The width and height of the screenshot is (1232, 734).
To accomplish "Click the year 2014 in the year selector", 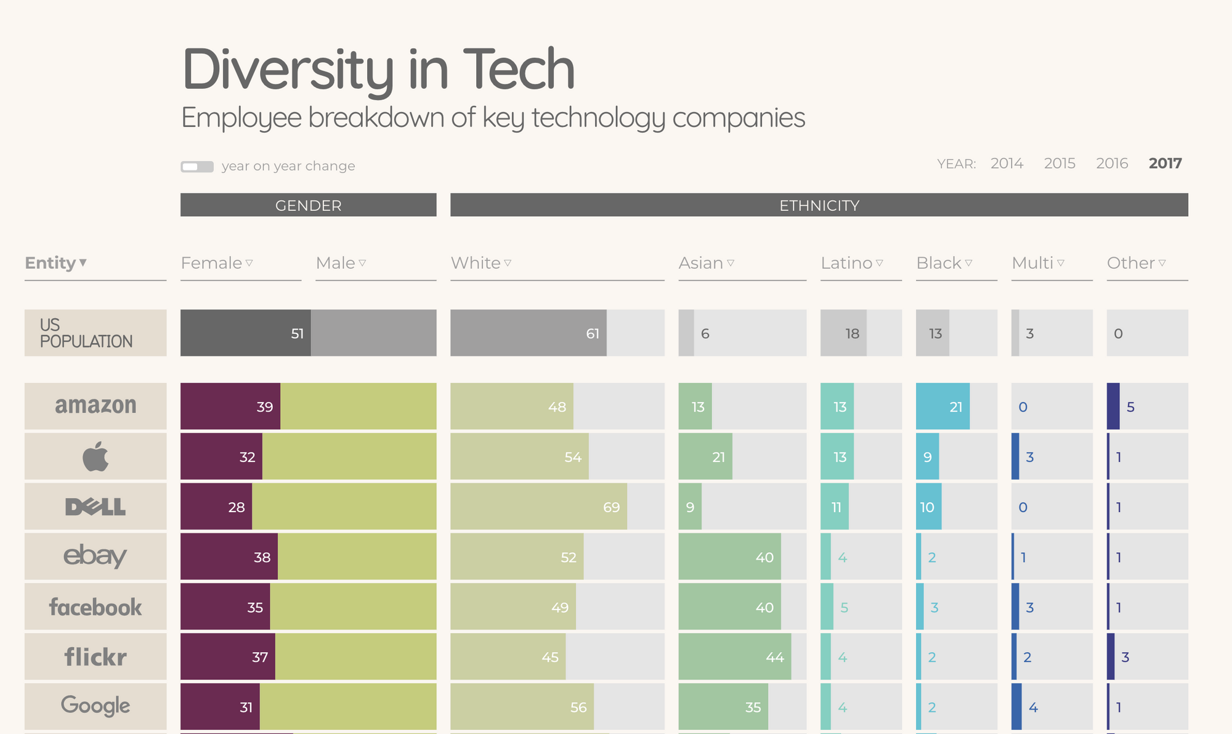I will click(x=1007, y=163).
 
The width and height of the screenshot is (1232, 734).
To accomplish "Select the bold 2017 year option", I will click(x=1165, y=163).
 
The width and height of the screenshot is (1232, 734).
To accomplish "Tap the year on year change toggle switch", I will click(x=197, y=166).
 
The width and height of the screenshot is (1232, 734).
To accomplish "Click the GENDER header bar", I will click(x=308, y=205).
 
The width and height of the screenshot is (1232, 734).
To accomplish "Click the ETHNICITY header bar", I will click(x=819, y=205).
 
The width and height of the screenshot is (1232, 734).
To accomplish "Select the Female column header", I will click(x=211, y=263).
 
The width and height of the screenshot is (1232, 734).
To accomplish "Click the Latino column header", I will click(x=846, y=263).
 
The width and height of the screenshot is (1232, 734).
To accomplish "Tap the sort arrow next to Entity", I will click(x=83, y=263).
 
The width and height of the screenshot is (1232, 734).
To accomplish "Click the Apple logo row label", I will click(x=95, y=457).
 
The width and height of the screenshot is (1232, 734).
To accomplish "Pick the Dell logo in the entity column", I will click(x=95, y=507).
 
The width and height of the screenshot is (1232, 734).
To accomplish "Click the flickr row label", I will click(x=95, y=657).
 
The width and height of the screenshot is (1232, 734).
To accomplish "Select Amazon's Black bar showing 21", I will click(x=942, y=407).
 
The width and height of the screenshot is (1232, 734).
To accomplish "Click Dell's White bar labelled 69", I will click(x=538, y=507).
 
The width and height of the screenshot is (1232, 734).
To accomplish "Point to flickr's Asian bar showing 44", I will click(x=734, y=657).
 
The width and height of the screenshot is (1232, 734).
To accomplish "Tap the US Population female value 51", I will click(x=297, y=333).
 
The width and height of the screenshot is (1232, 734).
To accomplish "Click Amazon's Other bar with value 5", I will click(x=1114, y=407).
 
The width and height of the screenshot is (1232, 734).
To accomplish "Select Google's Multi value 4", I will click(x=1033, y=707).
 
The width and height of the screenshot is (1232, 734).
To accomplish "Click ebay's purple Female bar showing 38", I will click(x=229, y=557).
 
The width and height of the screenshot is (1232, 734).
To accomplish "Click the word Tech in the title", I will click(x=518, y=69).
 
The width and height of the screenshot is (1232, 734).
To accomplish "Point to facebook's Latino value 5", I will click(x=844, y=608).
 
